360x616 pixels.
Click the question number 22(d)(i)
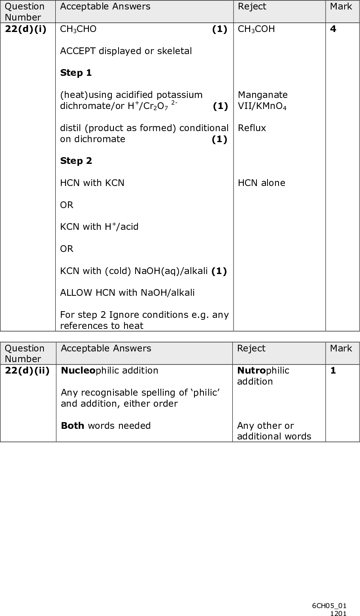coord(27,29)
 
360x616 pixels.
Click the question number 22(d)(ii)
coord(28,370)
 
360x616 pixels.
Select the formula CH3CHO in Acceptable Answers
coord(78,29)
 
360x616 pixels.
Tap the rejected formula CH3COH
coord(256,29)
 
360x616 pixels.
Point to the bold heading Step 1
coord(76,73)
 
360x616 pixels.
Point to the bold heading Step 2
coord(76,161)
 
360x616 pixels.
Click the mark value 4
coord(333,29)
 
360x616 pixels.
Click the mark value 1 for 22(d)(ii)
coord(333,370)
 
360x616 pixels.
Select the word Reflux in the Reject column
coord(252,128)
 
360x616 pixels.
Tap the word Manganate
coord(262,95)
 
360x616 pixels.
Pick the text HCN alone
coord(261,183)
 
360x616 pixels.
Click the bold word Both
coord(72,426)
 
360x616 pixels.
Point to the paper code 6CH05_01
coord(329,605)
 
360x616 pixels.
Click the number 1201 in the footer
coord(339,612)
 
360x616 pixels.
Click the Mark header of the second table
coord(341,348)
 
